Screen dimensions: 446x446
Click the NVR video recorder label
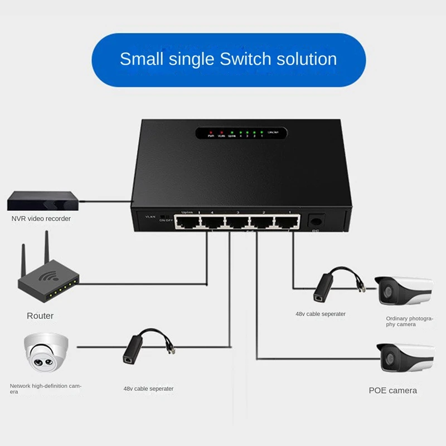pos(41,219)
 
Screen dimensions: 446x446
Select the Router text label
pos(40,316)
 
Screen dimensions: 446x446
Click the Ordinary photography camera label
pos(409,321)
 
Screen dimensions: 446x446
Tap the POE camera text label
pos(392,390)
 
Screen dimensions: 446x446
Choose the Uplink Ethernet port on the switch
pos(188,222)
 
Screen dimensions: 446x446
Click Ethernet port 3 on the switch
pos(237,222)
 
